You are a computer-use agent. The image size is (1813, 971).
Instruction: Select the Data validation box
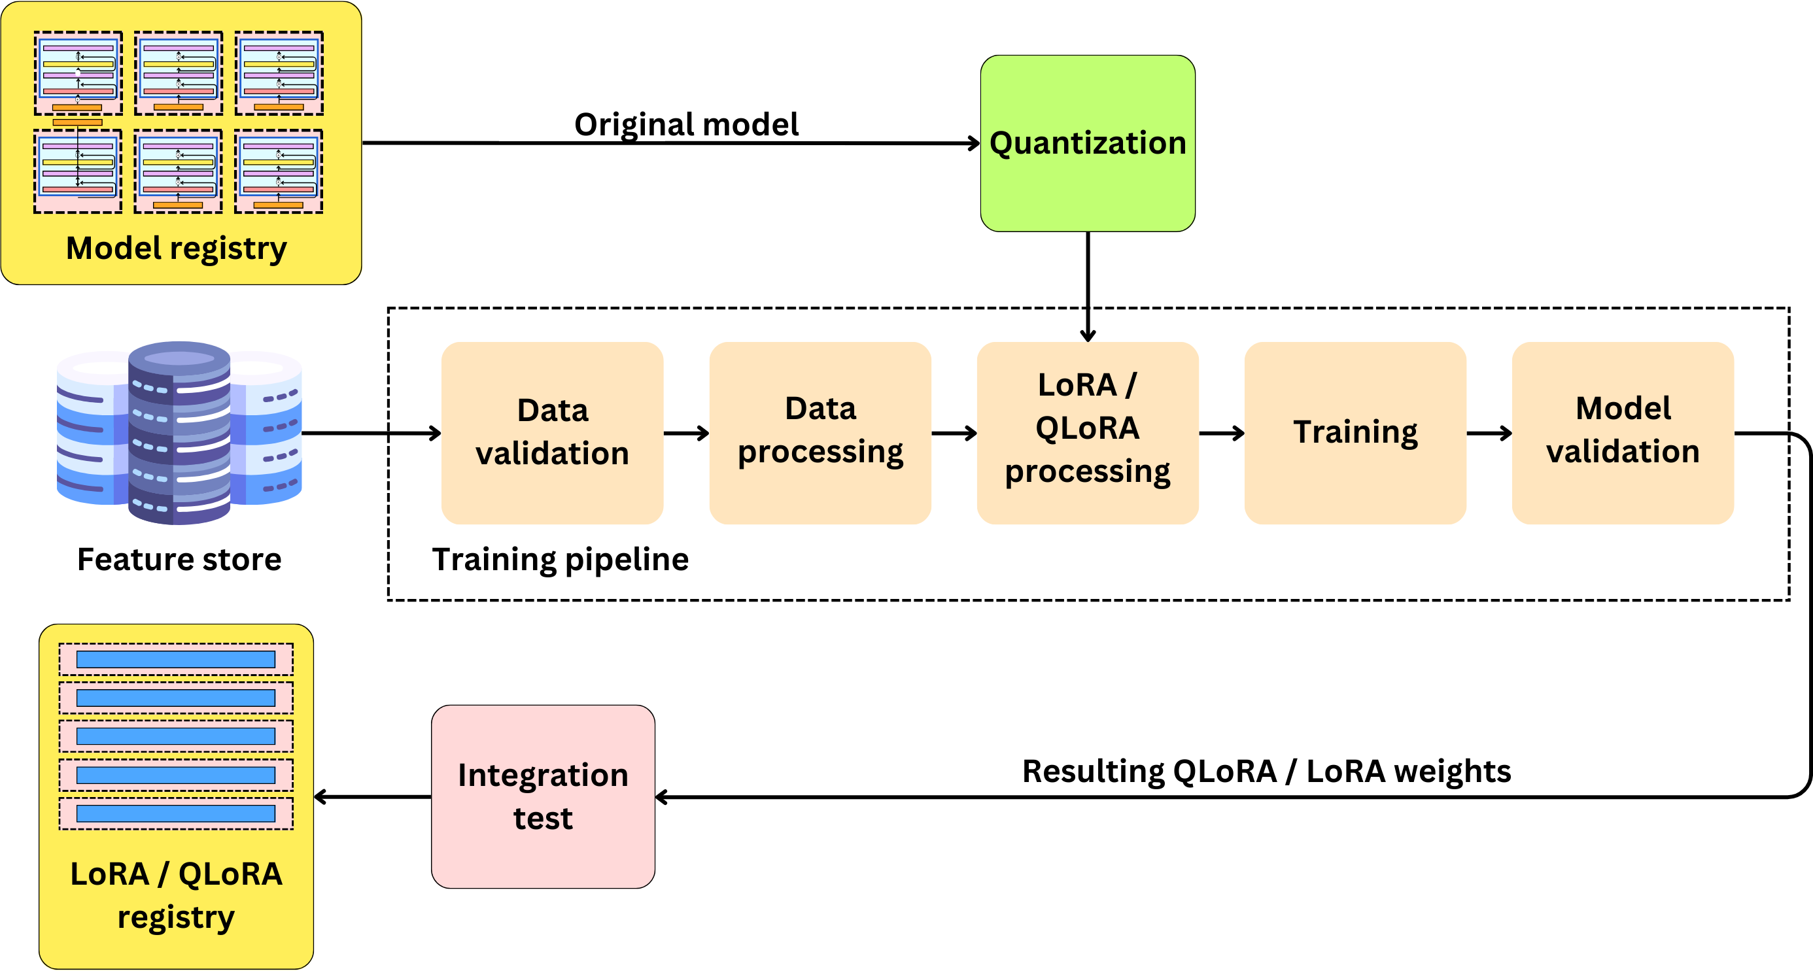552,432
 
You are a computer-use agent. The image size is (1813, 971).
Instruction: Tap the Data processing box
820,432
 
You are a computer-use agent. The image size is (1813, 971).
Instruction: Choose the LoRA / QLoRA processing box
1088,432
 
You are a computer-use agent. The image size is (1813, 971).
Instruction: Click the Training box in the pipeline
1355,432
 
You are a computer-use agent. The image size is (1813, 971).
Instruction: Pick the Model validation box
1622,432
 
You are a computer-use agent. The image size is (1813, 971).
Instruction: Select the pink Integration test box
543,796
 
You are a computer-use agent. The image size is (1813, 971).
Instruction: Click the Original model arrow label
686,124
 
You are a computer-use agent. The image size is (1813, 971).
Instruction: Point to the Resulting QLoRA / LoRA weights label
1266,771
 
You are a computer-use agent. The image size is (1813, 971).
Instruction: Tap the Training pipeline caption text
561,559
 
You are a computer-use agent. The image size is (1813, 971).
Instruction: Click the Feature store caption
179,559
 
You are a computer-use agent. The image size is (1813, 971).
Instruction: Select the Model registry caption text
176,248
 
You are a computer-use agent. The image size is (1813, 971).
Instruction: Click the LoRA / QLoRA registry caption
176,895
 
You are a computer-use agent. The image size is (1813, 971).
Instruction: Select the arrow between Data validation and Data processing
685,433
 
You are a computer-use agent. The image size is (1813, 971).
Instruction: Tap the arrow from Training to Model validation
1489,433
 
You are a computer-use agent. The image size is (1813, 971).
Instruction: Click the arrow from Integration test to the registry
372,796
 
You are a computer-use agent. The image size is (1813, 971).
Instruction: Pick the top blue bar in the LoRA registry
175,659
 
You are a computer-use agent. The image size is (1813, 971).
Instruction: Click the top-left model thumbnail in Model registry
78,73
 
